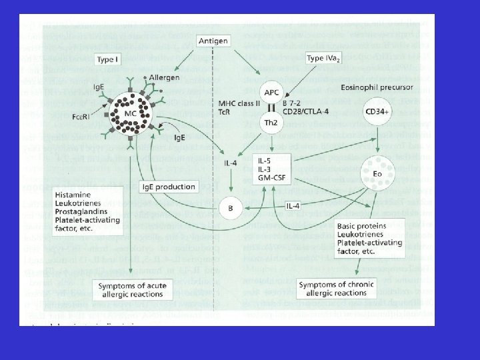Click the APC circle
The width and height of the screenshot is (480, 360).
pos(269,91)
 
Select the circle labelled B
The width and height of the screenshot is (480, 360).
pos(230,208)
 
